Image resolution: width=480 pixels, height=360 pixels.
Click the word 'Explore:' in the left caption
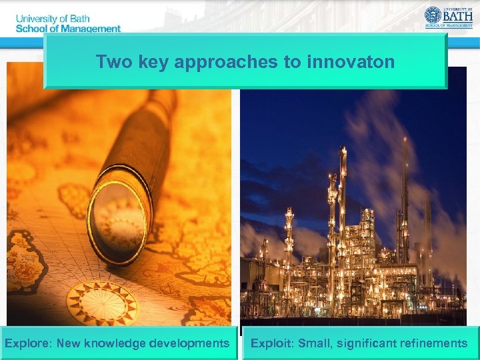[x=29, y=343]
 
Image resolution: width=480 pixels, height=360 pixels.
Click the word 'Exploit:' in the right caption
[x=272, y=343]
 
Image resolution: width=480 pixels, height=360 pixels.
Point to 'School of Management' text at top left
[x=67, y=29]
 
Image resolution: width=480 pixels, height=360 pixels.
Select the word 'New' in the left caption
[x=69, y=343]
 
